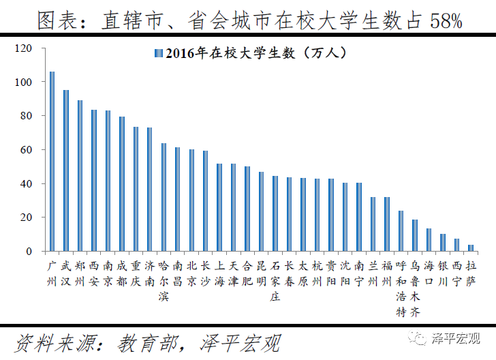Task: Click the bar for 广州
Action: pos(52,162)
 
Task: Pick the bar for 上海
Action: pos(219,207)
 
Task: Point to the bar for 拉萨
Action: pos(471,248)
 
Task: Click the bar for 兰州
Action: pos(373,224)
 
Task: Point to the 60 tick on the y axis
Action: pos(27,150)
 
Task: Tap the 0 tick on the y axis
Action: pos(29,252)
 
